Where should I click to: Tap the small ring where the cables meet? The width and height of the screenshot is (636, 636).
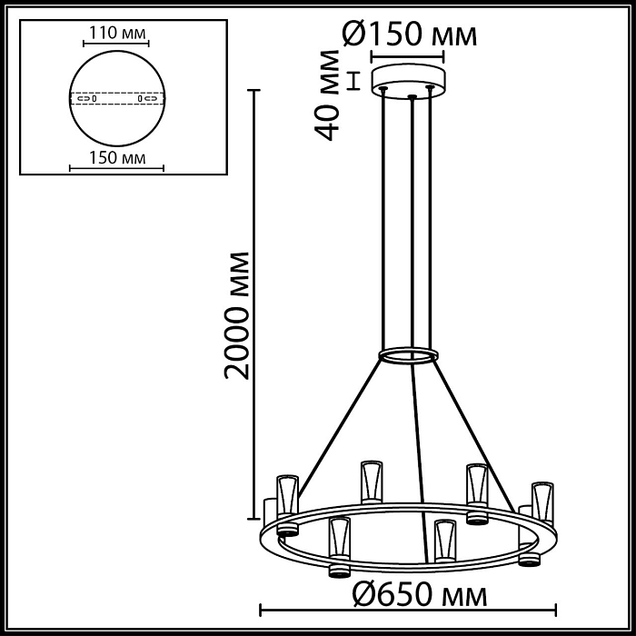click(408, 354)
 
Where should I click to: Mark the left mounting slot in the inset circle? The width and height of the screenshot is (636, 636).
click(88, 97)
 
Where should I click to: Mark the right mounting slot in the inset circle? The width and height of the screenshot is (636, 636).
click(144, 97)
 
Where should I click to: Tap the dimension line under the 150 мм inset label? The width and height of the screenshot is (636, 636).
click(115, 169)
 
